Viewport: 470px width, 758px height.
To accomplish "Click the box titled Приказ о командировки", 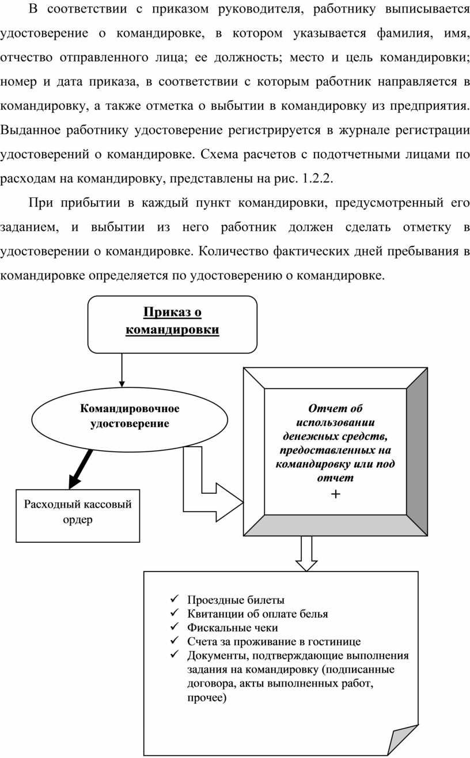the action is click(x=172, y=325).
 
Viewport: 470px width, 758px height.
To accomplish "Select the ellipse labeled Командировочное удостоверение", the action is click(x=130, y=419).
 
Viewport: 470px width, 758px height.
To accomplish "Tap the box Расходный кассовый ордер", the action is click(x=78, y=516).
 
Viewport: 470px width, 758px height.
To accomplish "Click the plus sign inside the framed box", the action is click(x=335, y=494).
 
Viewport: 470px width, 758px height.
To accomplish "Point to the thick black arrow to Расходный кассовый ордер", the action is click(x=80, y=469).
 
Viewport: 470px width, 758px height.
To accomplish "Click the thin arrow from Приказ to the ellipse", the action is click(x=122, y=370).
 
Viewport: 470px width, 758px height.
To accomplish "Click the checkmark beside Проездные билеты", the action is click(x=175, y=599).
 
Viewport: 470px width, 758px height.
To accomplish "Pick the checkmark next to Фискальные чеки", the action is click(x=175, y=626).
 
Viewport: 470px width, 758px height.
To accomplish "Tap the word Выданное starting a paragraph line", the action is click(x=31, y=130).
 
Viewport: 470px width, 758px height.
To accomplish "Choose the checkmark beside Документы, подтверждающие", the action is click(x=175, y=654).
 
